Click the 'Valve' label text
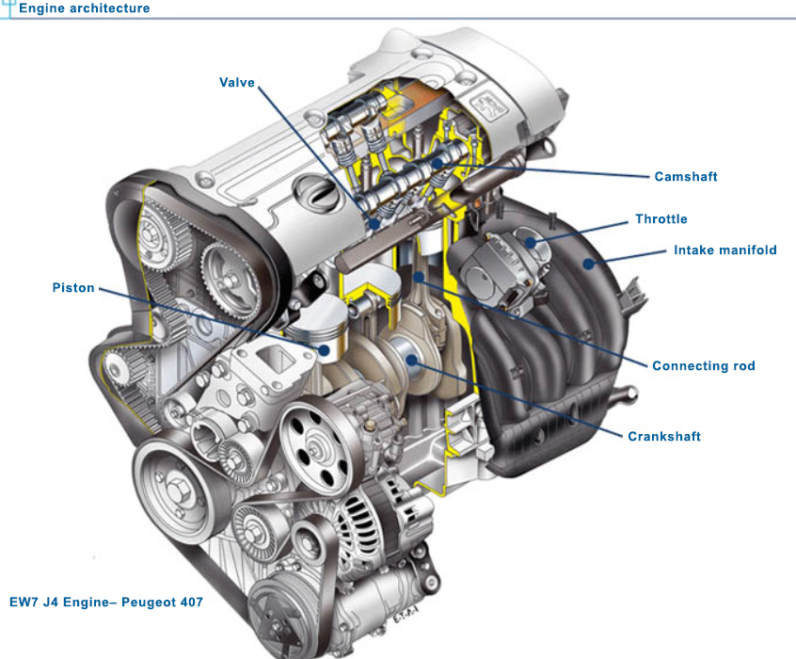tap(237, 83)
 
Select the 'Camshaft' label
tap(685, 177)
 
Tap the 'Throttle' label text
tap(661, 219)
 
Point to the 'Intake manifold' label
tap(724, 250)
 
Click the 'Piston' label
tap(73, 288)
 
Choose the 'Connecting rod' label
tap(703, 366)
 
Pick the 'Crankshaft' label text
tap(664, 437)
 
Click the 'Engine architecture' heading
tap(84, 8)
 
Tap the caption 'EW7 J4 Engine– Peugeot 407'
tap(106, 601)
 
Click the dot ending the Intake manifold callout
tap(589, 265)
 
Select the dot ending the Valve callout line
tap(374, 224)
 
